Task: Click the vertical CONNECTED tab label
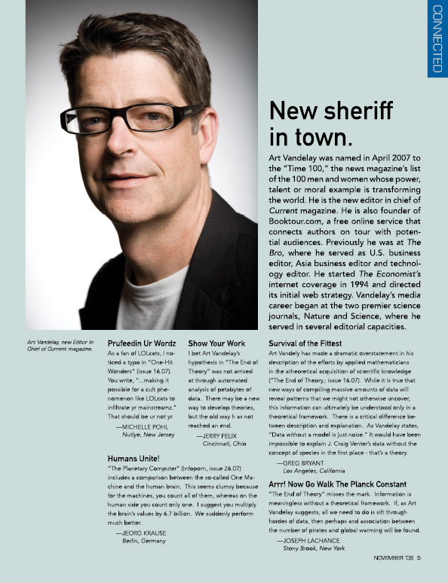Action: coord(437,39)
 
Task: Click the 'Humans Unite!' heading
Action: coord(133,458)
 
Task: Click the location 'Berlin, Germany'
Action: coord(148,541)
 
